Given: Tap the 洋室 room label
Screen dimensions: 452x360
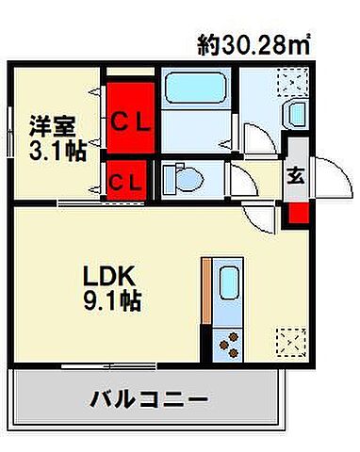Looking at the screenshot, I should point(52,125).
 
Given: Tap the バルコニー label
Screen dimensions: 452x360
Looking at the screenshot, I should point(149,398).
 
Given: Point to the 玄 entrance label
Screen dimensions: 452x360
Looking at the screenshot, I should point(294,174).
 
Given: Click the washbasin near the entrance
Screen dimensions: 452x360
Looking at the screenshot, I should point(294,115).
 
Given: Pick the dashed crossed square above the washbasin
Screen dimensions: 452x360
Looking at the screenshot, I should point(290,83).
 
